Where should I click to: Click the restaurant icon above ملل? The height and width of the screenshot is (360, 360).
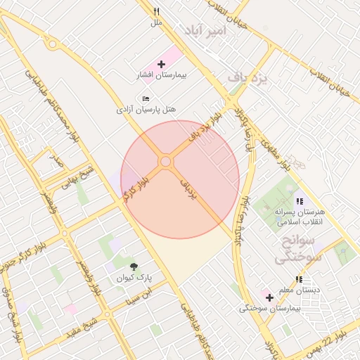157,12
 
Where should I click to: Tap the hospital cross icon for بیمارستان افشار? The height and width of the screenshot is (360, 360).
162,64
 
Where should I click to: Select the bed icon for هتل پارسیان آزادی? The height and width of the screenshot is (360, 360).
146,99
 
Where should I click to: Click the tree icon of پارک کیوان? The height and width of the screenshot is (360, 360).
134,266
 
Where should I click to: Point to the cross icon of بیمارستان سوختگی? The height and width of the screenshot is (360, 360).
269,297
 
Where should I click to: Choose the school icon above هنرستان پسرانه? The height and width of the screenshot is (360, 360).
300,201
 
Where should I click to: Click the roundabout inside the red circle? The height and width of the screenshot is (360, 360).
166,162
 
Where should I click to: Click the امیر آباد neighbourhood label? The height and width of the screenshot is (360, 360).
203,31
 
